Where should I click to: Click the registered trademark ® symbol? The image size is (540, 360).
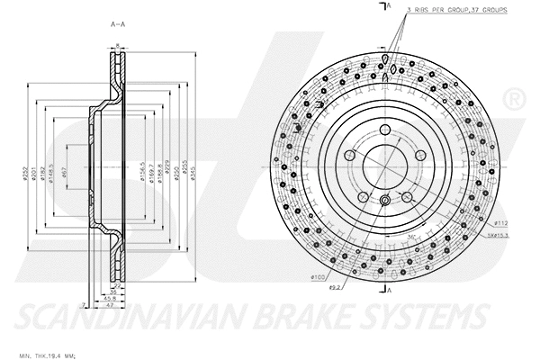513,96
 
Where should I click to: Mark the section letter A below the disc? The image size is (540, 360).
389,291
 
